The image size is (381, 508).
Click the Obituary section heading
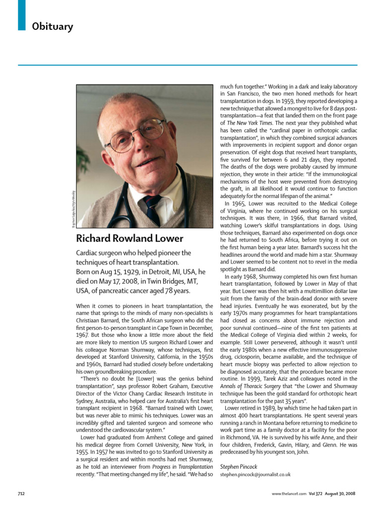pos(52,27)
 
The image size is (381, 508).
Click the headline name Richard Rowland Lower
pos(129,238)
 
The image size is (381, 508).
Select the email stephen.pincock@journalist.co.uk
pos(255,474)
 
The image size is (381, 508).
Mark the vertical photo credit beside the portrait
pos(73,208)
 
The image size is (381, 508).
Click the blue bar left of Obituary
pos(21,15)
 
